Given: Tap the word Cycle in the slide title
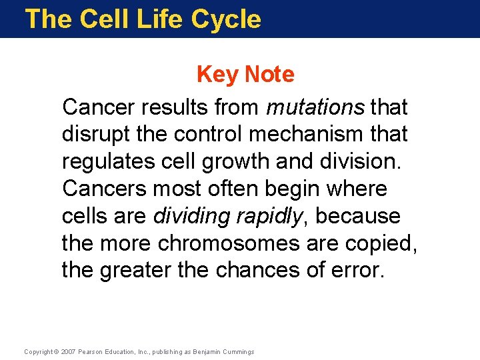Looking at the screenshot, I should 226,19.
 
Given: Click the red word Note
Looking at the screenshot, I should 269,75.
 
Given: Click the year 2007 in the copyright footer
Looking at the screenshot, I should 67,351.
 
